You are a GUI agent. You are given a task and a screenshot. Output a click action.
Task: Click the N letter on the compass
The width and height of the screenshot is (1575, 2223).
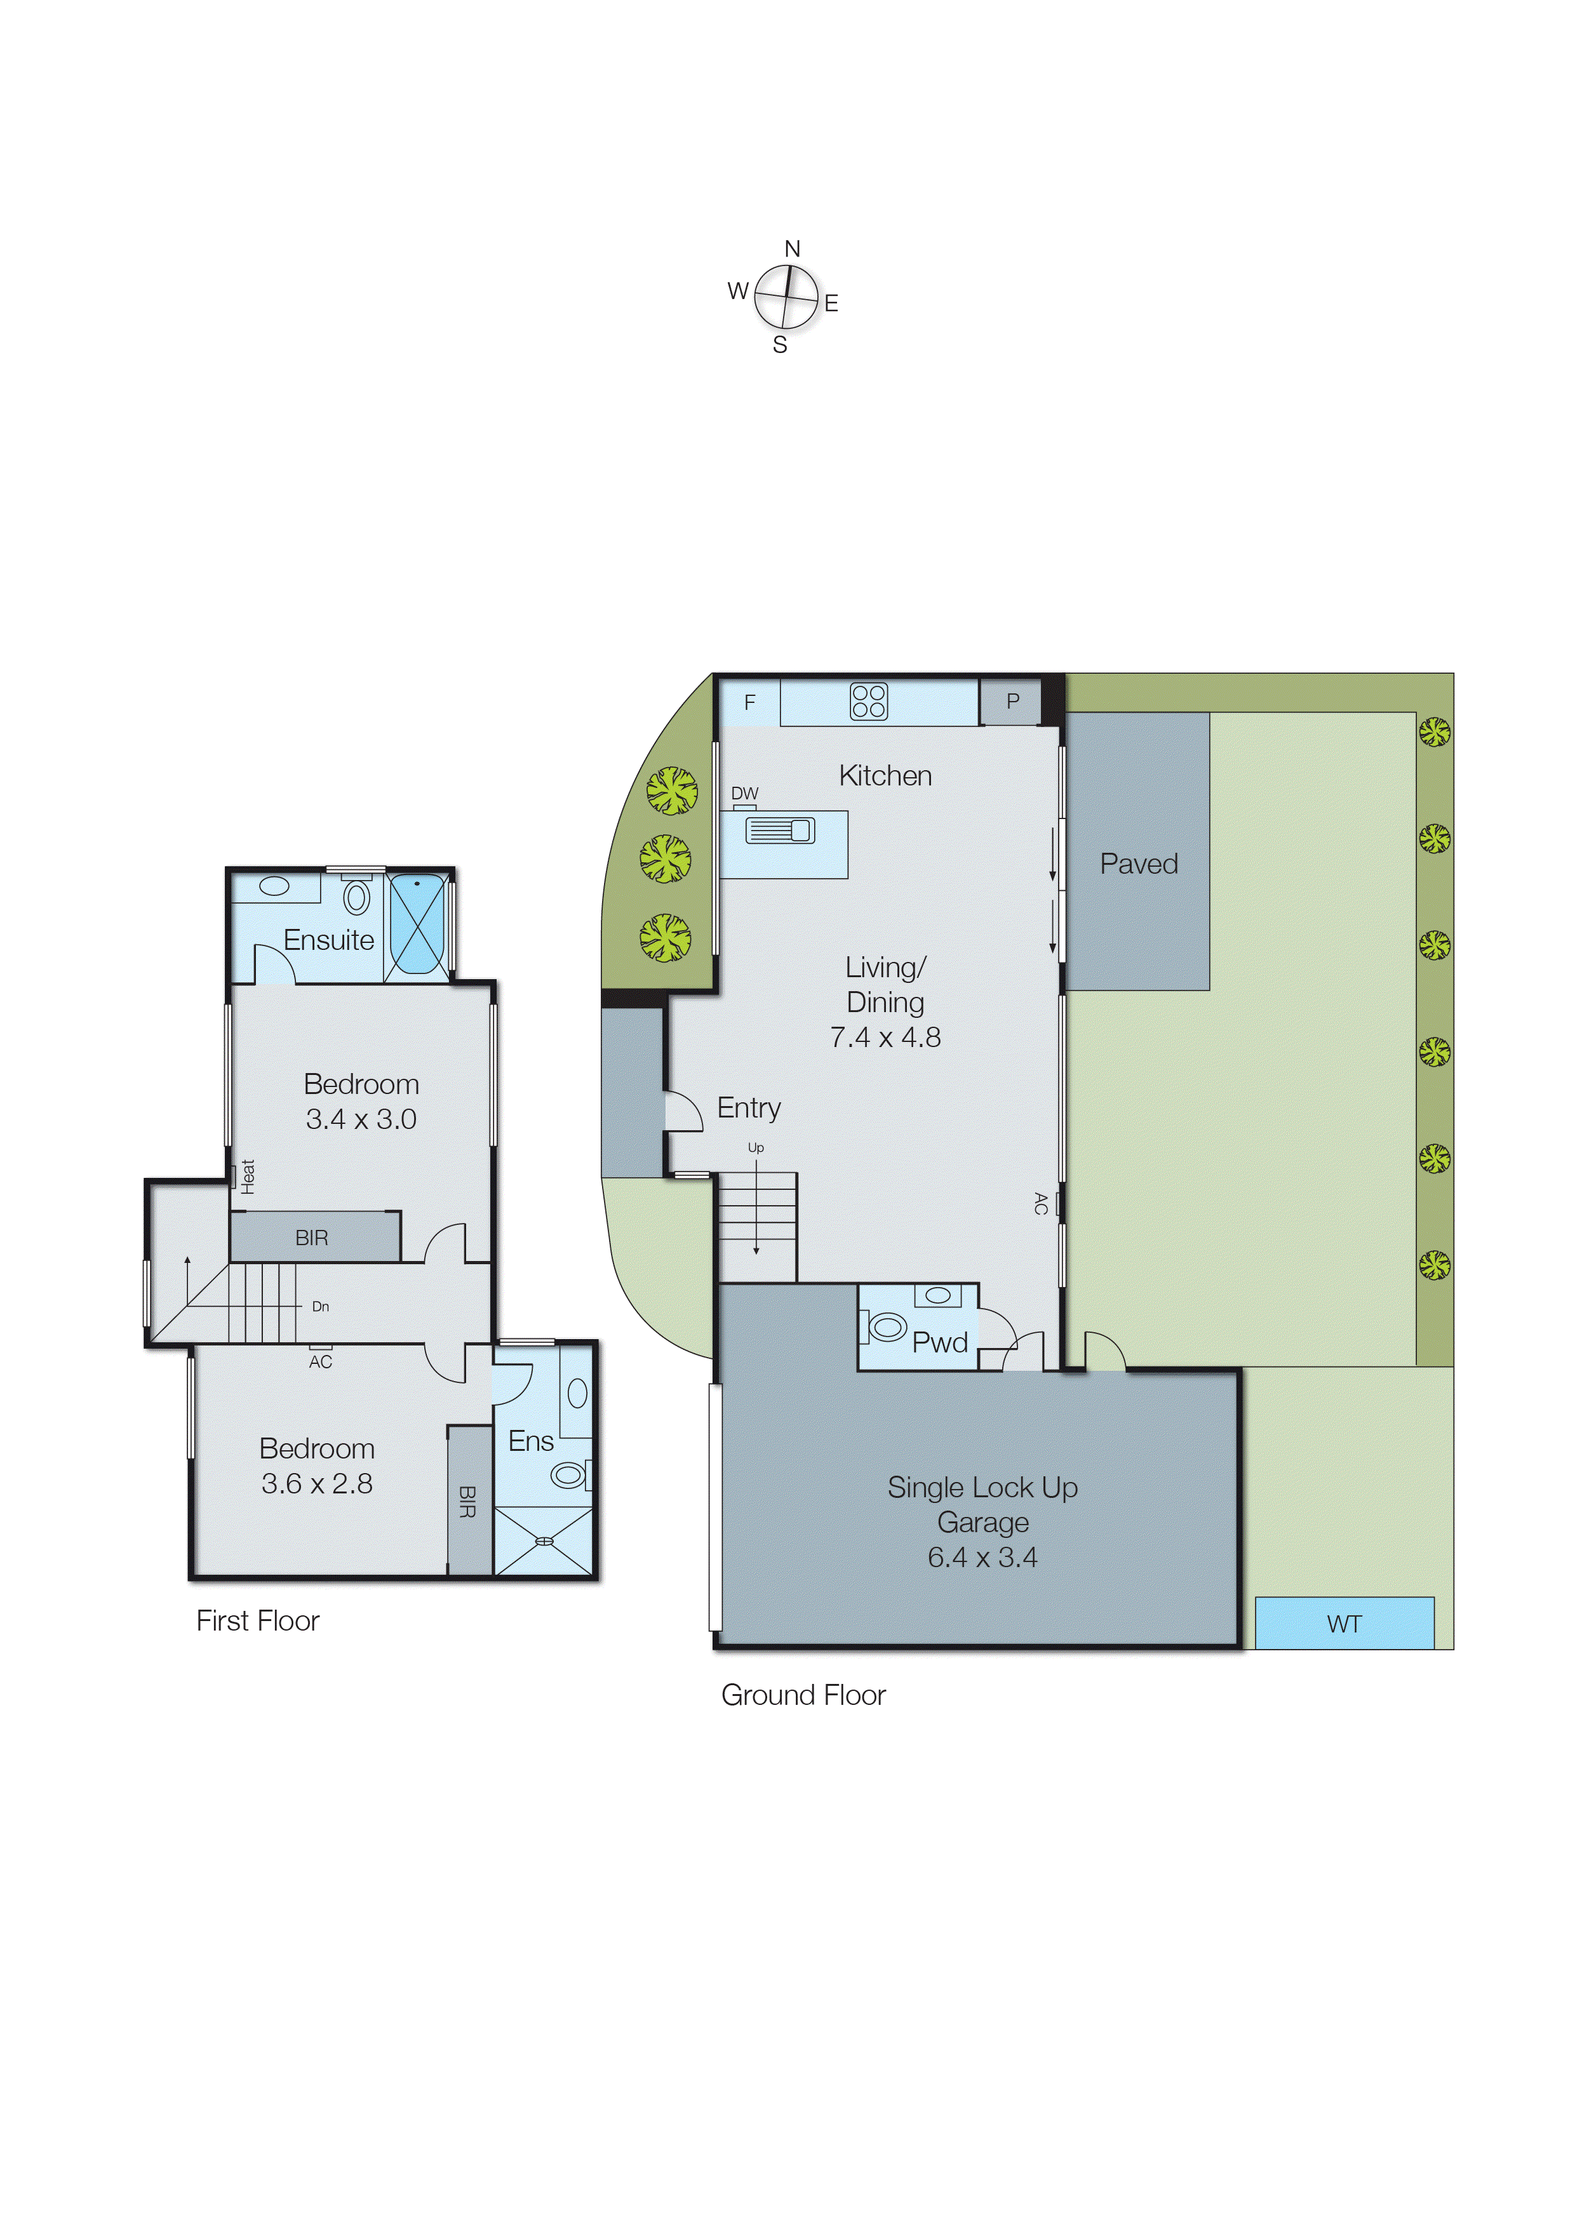click(793, 249)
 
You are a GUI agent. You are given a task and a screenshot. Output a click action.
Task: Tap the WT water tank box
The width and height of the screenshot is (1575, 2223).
click(1344, 1623)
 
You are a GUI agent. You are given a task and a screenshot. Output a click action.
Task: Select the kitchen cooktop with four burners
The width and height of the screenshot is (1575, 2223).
click(868, 701)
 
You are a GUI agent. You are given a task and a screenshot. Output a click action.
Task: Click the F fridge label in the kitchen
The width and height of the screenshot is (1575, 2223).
click(749, 702)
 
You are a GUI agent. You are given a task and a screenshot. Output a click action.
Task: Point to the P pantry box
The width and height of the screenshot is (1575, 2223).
click(1012, 701)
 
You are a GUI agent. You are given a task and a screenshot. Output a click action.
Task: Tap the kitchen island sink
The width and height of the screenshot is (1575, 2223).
click(780, 830)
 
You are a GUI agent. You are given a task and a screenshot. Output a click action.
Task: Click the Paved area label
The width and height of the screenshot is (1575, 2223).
click(1139, 864)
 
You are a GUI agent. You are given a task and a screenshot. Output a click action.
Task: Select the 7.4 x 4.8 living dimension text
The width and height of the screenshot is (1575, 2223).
click(885, 1038)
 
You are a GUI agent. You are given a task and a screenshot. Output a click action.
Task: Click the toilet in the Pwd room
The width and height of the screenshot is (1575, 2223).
click(885, 1326)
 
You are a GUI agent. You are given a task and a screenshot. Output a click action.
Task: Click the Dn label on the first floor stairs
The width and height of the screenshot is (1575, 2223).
click(320, 1306)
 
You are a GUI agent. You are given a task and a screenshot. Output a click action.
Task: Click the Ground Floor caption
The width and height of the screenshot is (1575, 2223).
click(803, 1695)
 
